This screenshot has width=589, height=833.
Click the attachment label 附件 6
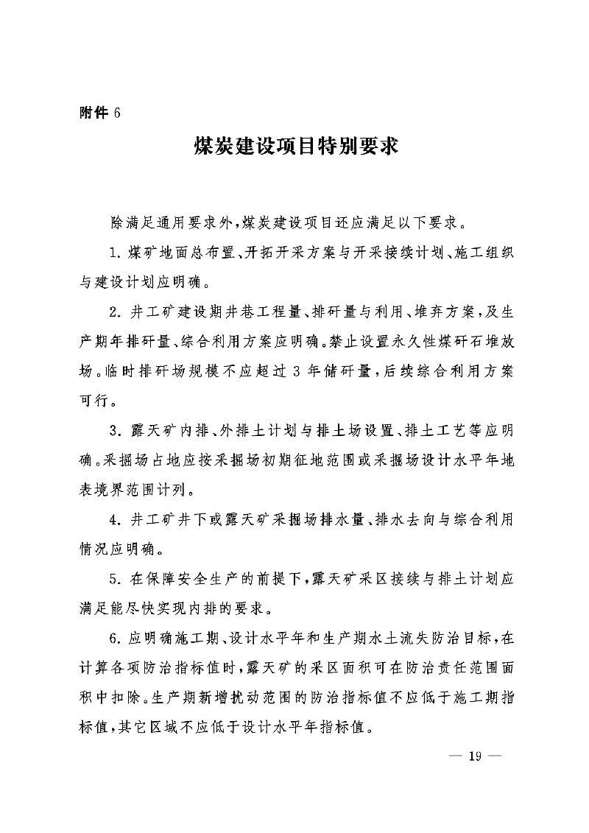[98, 112]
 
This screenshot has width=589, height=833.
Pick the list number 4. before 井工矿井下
[115, 519]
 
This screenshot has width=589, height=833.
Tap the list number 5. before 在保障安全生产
[115, 582]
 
